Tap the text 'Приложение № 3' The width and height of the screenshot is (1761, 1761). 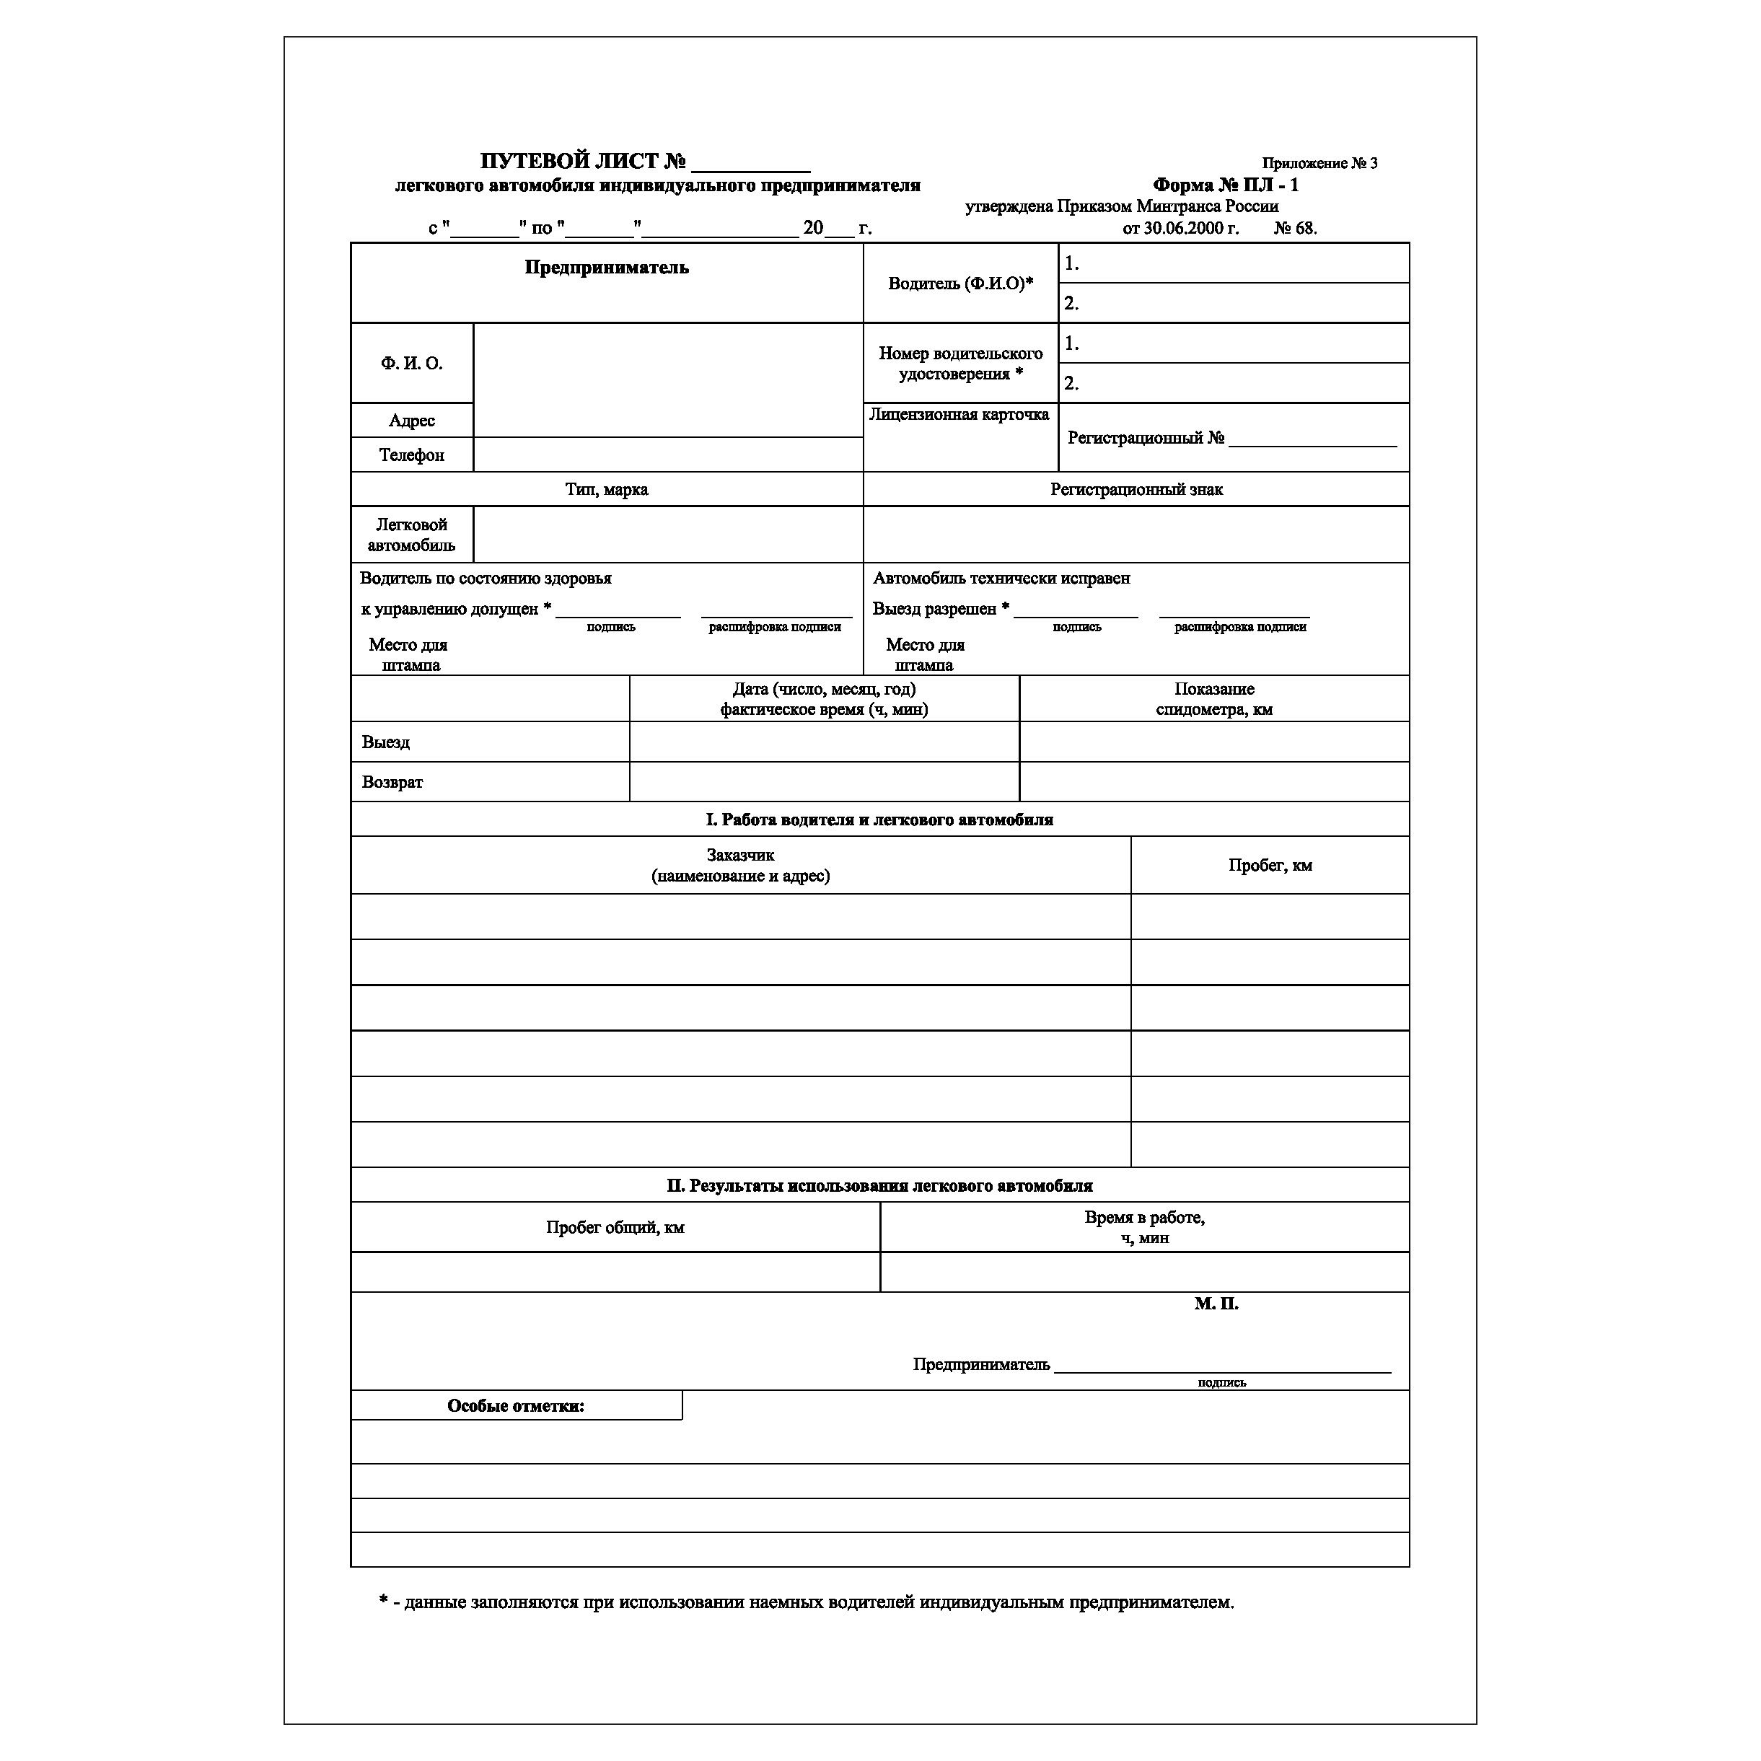pyautogui.click(x=1319, y=163)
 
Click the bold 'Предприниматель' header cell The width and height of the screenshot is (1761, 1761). pyautogui.click(x=606, y=268)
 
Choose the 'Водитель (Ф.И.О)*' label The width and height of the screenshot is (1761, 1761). pyautogui.click(x=959, y=284)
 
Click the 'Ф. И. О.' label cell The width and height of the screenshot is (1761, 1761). pyautogui.click(x=411, y=363)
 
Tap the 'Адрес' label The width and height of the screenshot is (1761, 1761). pyautogui.click(x=411, y=420)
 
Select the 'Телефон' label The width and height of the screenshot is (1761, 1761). pyautogui.click(x=411, y=454)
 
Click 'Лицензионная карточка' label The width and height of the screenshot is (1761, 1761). pyautogui.click(x=959, y=415)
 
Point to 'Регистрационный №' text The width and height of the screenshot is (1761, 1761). pyautogui.click(x=1146, y=439)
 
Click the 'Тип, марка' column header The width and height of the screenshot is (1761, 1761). pyautogui.click(x=606, y=489)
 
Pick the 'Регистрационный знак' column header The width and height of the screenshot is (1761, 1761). pyautogui.click(x=1136, y=489)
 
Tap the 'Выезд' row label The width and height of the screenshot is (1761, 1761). pyautogui.click(x=385, y=742)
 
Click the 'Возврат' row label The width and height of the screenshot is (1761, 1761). pyautogui.click(x=392, y=782)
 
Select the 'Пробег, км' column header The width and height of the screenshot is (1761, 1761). pyautogui.click(x=1270, y=865)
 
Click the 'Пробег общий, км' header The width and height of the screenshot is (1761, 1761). pyautogui.click(x=615, y=1228)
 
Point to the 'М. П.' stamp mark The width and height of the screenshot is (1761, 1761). pyautogui.click(x=1216, y=1304)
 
